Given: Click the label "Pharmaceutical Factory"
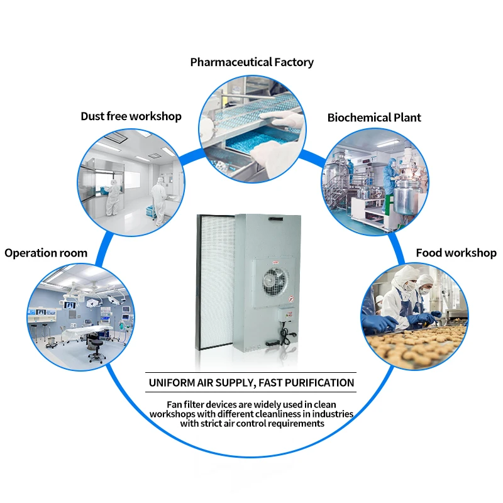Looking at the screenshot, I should (251, 62).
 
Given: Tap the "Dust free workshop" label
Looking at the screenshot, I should (131, 116).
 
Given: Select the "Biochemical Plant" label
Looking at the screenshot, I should (374, 118).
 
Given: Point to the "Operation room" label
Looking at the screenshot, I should (46, 253).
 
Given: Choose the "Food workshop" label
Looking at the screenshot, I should (456, 253).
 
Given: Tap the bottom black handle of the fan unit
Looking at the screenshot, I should (272, 343).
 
